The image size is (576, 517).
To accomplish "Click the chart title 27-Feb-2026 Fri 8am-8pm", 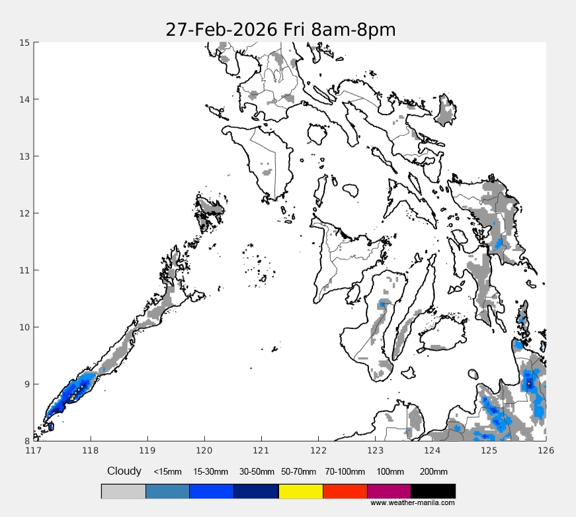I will (x=280, y=30).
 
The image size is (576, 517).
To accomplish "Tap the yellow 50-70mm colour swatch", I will (x=300, y=491).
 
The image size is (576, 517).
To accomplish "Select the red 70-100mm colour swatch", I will (x=345, y=491).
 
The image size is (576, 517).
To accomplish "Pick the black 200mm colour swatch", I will (x=433, y=491).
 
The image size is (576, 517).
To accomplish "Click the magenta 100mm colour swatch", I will (x=389, y=491).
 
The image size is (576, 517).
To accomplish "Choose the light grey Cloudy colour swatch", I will (x=123, y=491).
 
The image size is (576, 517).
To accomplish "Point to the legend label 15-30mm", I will (x=210, y=472).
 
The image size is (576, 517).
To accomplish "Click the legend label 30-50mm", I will (x=256, y=472).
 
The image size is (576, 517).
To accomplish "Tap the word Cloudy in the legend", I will (x=124, y=471).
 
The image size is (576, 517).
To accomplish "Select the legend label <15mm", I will (x=167, y=472).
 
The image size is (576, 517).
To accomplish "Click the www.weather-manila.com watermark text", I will (x=412, y=503).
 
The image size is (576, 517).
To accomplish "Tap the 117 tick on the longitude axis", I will (x=34, y=451).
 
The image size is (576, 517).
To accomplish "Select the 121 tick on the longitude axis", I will (x=261, y=451).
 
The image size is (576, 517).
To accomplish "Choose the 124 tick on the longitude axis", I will (x=432, y=451).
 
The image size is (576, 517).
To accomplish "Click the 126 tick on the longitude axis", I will (x=546, y=451).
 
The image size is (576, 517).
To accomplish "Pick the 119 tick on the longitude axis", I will (x=147, y=451).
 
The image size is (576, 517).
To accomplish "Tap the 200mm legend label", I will (x=434, y=472).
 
